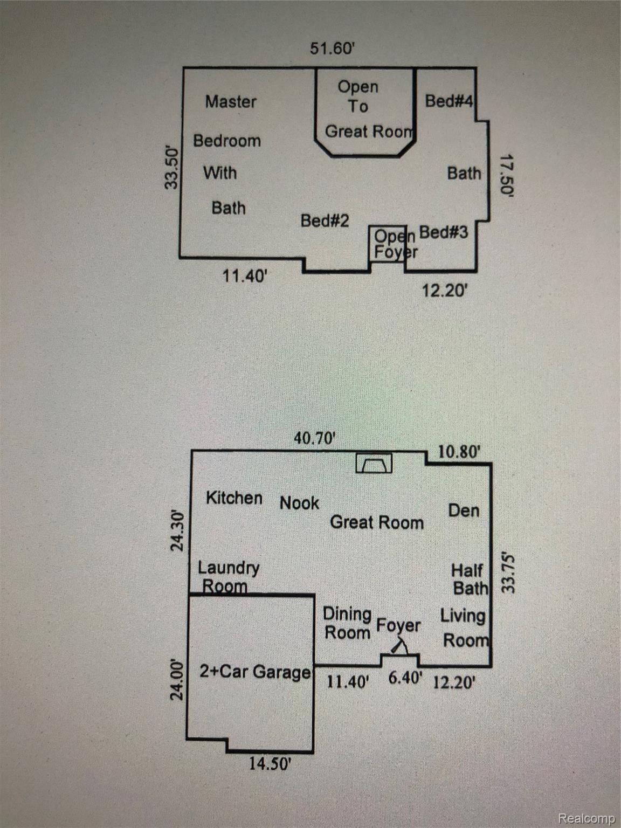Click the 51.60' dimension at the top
click(x=332, y=49)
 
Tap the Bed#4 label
click(x=448, y=101)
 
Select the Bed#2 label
click(x=325, y=221)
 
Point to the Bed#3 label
click(x=444, y=232)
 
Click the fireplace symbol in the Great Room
click(x=374, y=463)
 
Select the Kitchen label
click(x=234, y=498)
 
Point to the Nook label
click(x=299, y=503)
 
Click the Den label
click(x=464, y=510)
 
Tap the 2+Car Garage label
click(x=256, y=672)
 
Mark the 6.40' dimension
click(x=405, y=678)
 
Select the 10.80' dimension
click(x=459, y=451)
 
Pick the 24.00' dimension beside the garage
click(x=177, y=679)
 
